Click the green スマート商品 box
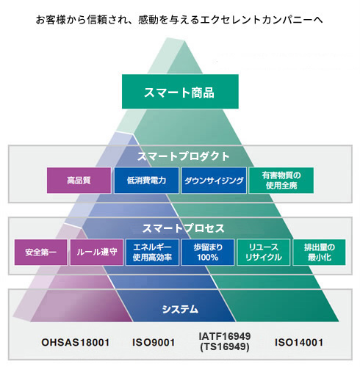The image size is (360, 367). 180,91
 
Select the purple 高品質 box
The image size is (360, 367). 79,181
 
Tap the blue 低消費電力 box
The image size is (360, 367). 146,181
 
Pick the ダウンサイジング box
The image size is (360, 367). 214,181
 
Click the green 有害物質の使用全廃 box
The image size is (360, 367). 281,181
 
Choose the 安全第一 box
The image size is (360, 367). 40,252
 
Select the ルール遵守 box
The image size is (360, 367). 96,252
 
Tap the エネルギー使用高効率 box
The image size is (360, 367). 152,252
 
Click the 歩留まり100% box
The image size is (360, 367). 208,252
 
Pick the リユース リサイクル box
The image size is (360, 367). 264,252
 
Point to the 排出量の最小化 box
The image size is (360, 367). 319,252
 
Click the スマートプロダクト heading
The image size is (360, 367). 183,156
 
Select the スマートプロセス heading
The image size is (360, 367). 183,228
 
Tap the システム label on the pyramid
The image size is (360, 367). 180,309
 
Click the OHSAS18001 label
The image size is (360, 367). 76,342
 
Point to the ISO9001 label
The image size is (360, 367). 154,342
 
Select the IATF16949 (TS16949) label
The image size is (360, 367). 225,341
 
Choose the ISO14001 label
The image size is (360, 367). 299,342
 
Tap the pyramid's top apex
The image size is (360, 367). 184,41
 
